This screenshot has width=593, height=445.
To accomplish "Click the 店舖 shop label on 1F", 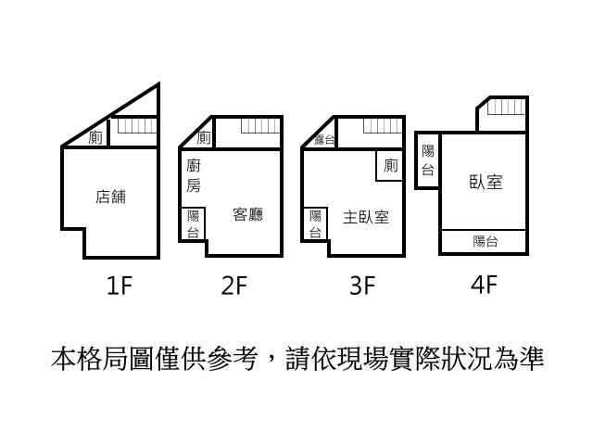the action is click(110, 197).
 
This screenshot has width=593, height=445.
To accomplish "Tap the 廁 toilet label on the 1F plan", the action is click(95, 137).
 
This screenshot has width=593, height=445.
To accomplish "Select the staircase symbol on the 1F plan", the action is click(137, 126).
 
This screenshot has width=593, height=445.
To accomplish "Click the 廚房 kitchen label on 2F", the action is click(194, 176).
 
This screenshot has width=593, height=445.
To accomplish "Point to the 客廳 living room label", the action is click(248, 214).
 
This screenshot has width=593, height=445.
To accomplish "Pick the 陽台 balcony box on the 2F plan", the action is click(193, 224).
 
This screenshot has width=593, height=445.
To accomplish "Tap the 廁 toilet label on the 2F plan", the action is click(204, 137).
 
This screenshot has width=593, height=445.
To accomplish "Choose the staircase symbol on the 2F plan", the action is click(260, 126).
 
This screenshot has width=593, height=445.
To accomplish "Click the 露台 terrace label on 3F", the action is click(324, 140).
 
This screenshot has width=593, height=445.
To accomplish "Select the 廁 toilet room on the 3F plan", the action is click(390, 166).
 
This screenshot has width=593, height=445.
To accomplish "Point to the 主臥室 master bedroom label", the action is click(366, 217).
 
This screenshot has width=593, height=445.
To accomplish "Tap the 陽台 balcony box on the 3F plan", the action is click(315, 224).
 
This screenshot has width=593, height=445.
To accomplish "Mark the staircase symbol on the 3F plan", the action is click(383, 126).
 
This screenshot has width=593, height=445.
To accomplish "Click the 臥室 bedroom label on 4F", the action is click(486, 182).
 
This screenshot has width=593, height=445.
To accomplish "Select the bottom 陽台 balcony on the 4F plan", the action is click(484, 241).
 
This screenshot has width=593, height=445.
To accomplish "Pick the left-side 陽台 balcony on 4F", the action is click(428, 160).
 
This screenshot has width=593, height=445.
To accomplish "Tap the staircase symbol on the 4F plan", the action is click(507, 107).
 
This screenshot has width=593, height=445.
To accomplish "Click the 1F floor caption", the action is click(120, 286).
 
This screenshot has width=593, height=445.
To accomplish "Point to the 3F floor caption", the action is click(362, 286).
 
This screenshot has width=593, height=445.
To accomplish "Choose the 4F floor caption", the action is click(484, 285).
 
